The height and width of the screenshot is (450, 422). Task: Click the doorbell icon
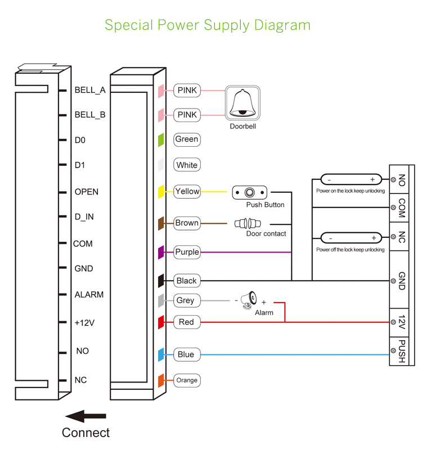click(x=243, y=103)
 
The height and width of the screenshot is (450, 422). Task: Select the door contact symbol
click(x=248, y=223)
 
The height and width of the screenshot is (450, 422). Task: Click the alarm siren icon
click(x=248, y=300)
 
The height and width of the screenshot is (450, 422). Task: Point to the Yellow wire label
click(x=187, y=191)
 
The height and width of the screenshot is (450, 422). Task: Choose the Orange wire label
click(x=187, y=380)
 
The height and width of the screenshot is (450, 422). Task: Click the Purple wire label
click(x=187, y=252)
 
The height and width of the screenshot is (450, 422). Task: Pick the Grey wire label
click(x=185, y=300)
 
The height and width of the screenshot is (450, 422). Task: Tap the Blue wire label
click(x=186, y=354)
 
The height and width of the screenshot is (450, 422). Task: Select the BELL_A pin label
click(x=90, y=89)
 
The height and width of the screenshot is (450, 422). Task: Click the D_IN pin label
click(x=84, y=217)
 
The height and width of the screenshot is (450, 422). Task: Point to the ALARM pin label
click(x=89, y=295)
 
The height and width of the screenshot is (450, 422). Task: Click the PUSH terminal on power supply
click(x=402, y=352)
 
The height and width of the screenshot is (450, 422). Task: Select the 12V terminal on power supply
click(x=402, y=322)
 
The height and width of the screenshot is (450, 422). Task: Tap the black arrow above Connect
click(x=86, y=416)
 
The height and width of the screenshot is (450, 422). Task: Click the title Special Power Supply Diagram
click(x=208, y=25)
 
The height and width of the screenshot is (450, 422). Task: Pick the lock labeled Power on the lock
click(x=351, y=180)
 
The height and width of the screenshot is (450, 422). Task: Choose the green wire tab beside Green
click(x=161, y=139)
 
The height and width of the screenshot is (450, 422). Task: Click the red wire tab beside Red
click(x=161, y=322)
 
